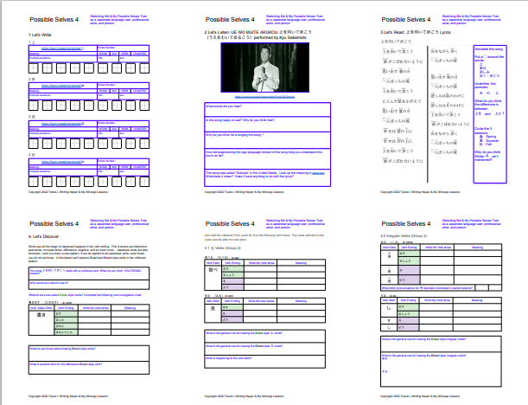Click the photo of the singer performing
click(x=264, y=66)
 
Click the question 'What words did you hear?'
click(x=224, y=106)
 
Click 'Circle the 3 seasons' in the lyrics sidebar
click(x=487, y=130)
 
